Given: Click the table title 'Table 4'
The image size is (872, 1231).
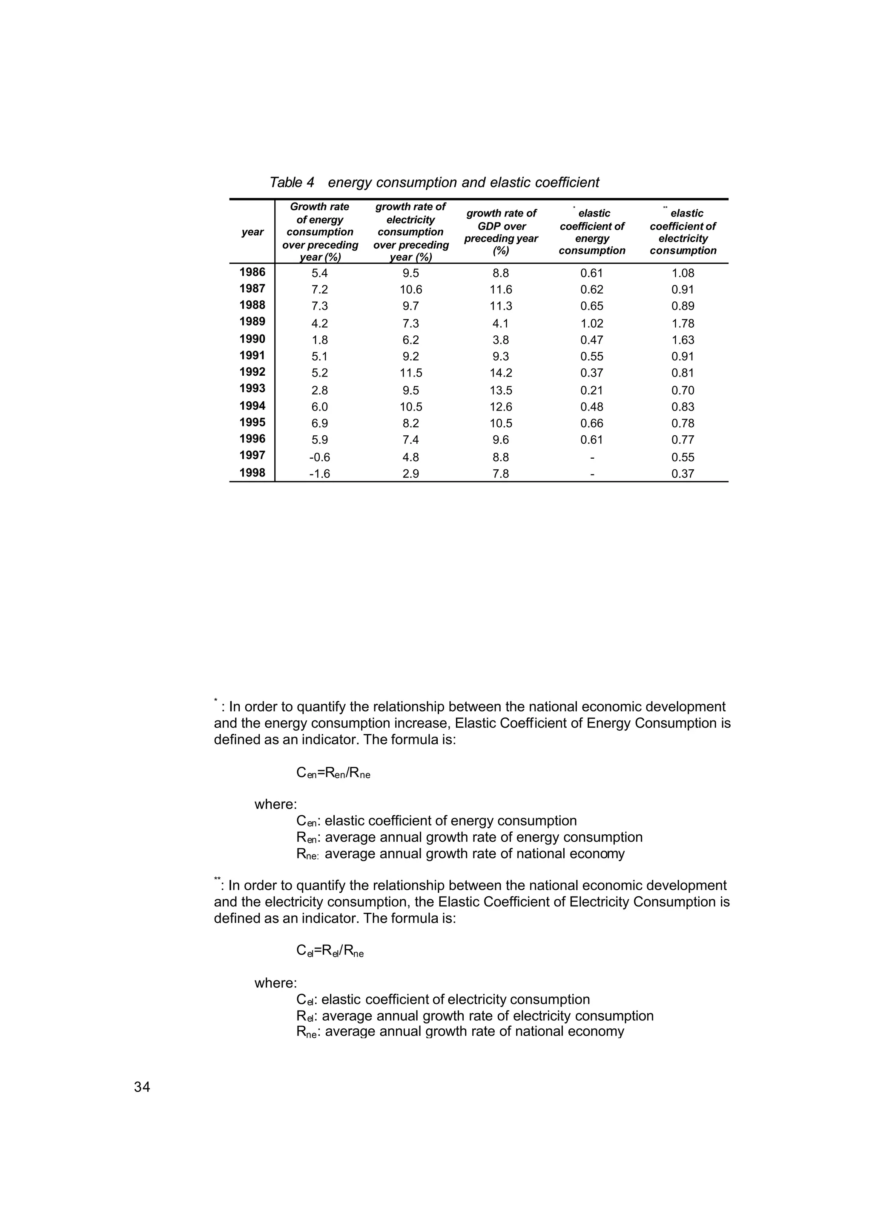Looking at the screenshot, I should point(292,183).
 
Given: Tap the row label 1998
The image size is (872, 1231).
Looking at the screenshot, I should point(252,473).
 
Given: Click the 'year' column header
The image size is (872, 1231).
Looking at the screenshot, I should point(252,232).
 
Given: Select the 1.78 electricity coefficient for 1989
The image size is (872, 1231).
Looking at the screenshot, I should point(683,323).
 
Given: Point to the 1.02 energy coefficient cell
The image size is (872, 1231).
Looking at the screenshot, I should point(592,323).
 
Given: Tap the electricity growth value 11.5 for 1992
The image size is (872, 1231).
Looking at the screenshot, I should point(411,373).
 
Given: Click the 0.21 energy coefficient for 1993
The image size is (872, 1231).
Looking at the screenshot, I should point(592,390).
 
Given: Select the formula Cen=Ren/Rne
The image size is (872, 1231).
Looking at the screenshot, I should point(333,773).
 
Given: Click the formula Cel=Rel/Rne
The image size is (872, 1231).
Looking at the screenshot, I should point(330,951).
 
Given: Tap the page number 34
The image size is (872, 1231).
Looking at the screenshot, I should point(142,1087).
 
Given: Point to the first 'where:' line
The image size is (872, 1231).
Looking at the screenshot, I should point(275,804).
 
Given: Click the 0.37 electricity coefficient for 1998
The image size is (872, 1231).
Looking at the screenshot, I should point(683,474).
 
